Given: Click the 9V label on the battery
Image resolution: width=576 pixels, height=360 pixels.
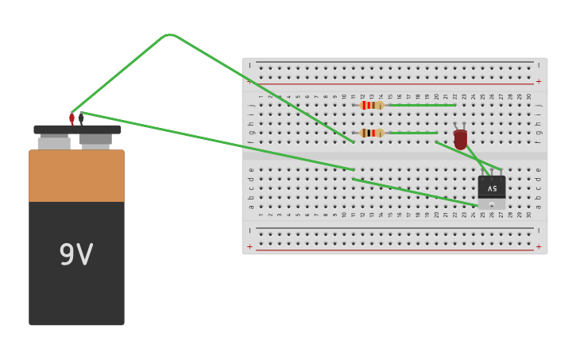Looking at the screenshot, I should [76, 255].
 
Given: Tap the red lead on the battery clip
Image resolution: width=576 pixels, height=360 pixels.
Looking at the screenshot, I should [72, 118].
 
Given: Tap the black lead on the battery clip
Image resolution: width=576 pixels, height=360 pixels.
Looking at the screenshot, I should [80, 118].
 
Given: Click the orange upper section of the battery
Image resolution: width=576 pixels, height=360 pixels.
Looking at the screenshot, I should [76, 176].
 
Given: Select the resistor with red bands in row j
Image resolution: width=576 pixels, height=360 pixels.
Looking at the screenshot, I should [371, 105].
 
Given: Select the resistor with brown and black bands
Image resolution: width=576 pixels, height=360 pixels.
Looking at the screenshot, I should [371, 133].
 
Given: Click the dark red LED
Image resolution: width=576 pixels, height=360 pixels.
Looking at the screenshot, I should [460, 139].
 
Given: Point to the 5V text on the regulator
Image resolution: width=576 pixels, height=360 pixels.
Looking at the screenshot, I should [492, 188].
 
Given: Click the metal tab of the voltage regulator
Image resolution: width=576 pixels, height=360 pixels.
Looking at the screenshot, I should [492, 204].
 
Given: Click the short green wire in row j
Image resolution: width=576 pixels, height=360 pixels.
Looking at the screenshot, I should [421, 105].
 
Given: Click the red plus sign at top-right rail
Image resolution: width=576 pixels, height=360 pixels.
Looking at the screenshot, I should [538, 81].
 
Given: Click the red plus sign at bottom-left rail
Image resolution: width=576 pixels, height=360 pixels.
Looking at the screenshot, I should [249, 246].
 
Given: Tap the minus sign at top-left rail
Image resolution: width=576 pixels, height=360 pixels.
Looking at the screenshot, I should [249, 65].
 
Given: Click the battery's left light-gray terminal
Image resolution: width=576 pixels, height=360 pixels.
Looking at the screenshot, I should [54, 143].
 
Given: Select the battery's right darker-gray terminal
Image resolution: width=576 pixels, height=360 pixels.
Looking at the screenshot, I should [95, 140].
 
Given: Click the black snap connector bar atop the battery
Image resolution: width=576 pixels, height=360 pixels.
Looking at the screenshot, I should [77, 130].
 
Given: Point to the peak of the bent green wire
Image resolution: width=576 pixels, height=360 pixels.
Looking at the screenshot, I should [168, 35].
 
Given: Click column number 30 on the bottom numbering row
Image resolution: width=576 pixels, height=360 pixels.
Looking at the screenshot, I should [528, 214].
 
